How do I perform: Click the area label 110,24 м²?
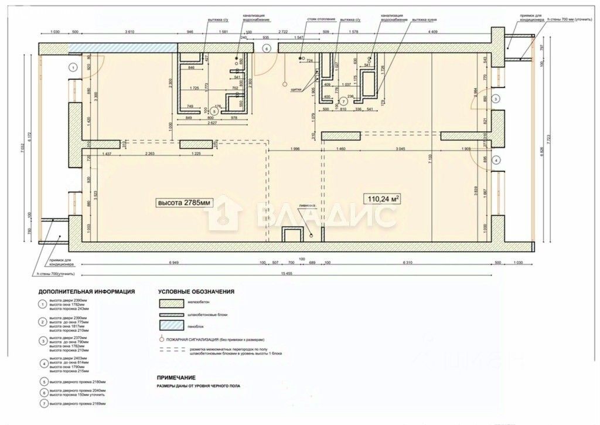pos(384,199)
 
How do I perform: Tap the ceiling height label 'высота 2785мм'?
pos(183,203)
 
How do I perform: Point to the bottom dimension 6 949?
pos(174,263)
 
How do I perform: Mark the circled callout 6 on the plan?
pos(266,49)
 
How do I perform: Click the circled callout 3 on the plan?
pos(495,99)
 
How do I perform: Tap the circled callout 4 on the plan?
pos(495,160)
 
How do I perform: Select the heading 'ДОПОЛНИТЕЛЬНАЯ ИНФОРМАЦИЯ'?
pos(86,291)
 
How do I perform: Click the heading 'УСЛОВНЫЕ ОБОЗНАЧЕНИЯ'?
pos(196,291)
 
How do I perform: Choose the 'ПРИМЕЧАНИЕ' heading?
pos(176,378)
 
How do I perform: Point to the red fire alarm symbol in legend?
pos(161,339)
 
